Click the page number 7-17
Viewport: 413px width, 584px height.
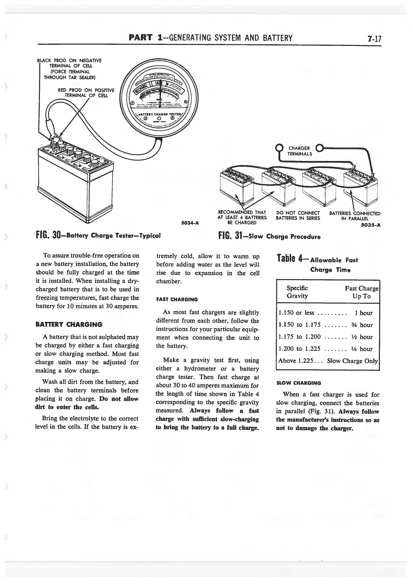tap(374, 39)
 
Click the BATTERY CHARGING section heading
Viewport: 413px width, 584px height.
tap(69, 324)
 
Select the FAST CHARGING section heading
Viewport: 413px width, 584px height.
tap(177, 299)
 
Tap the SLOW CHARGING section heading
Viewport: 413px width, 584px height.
tap(299, 383)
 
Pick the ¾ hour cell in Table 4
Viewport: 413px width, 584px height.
tap(363, 325)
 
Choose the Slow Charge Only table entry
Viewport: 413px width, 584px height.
tap(352, 361)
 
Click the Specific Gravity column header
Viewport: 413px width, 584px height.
tap(297, 292)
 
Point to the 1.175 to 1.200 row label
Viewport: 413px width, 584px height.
tap(299, 337)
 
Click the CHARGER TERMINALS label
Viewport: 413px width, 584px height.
tap(299, 151)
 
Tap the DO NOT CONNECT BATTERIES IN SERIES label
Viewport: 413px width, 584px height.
tap(298, 215)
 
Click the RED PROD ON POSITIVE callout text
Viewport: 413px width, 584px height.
tap(86, 93)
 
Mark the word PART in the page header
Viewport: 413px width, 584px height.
tap(141, 38)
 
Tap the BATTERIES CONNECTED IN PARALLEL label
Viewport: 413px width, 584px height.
tap(355, 216)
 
